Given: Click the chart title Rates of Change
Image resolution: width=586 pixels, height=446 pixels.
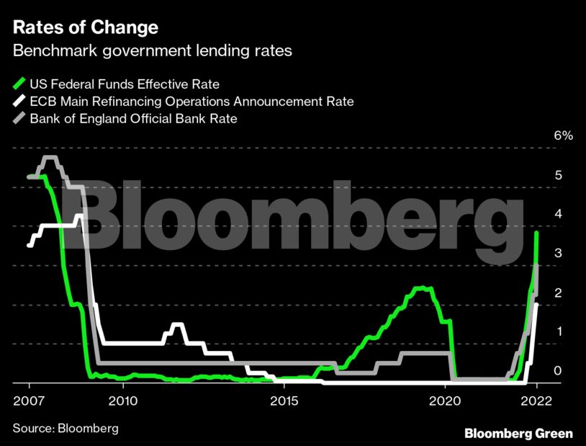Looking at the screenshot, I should coord(85,29).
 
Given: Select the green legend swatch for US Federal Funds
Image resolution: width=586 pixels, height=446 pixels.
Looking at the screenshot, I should coord(19,83).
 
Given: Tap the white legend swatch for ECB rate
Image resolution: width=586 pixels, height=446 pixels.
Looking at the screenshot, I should coord(19,101).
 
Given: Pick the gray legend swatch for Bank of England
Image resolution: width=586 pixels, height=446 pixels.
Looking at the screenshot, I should coord(19,119).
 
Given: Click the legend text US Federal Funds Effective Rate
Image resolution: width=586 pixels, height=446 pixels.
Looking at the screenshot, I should coord(125,83).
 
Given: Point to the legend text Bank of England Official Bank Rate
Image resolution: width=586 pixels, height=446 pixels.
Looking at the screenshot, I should coord(133,119).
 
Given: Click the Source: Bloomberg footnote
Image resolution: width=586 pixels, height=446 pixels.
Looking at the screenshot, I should coord(66,428).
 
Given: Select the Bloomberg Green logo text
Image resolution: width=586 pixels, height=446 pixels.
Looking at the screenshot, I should coord(518,433).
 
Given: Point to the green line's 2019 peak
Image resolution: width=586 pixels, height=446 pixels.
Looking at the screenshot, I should coord(422,288).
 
